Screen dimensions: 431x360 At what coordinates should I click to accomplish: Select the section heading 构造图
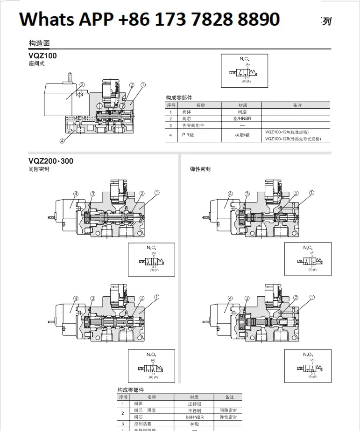click(x=39, y=43)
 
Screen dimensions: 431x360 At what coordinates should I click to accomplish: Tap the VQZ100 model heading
click(x=42, y=56)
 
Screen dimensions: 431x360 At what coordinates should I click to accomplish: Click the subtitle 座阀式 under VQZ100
click(x=37, y=63)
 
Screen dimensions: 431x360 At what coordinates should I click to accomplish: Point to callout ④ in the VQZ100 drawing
click(x=62, y=140)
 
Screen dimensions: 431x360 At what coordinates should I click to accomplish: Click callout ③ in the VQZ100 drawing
click(x=82, y=85)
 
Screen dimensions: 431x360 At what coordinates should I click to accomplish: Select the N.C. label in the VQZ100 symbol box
click(x=244, y=59)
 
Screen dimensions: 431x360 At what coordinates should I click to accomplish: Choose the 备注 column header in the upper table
click(x=297, y=105)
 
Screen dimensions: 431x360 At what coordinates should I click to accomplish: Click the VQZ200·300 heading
click(x=51, y=161)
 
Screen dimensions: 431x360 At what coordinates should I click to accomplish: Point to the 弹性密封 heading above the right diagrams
click(x=200, y=169)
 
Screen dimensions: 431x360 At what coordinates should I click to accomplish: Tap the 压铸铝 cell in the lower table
click(x=194, y=404)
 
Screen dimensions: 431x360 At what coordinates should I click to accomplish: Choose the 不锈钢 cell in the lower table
click(x=194, y=410)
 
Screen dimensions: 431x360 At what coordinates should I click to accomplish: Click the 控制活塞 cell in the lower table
click(x=143, y=424)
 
